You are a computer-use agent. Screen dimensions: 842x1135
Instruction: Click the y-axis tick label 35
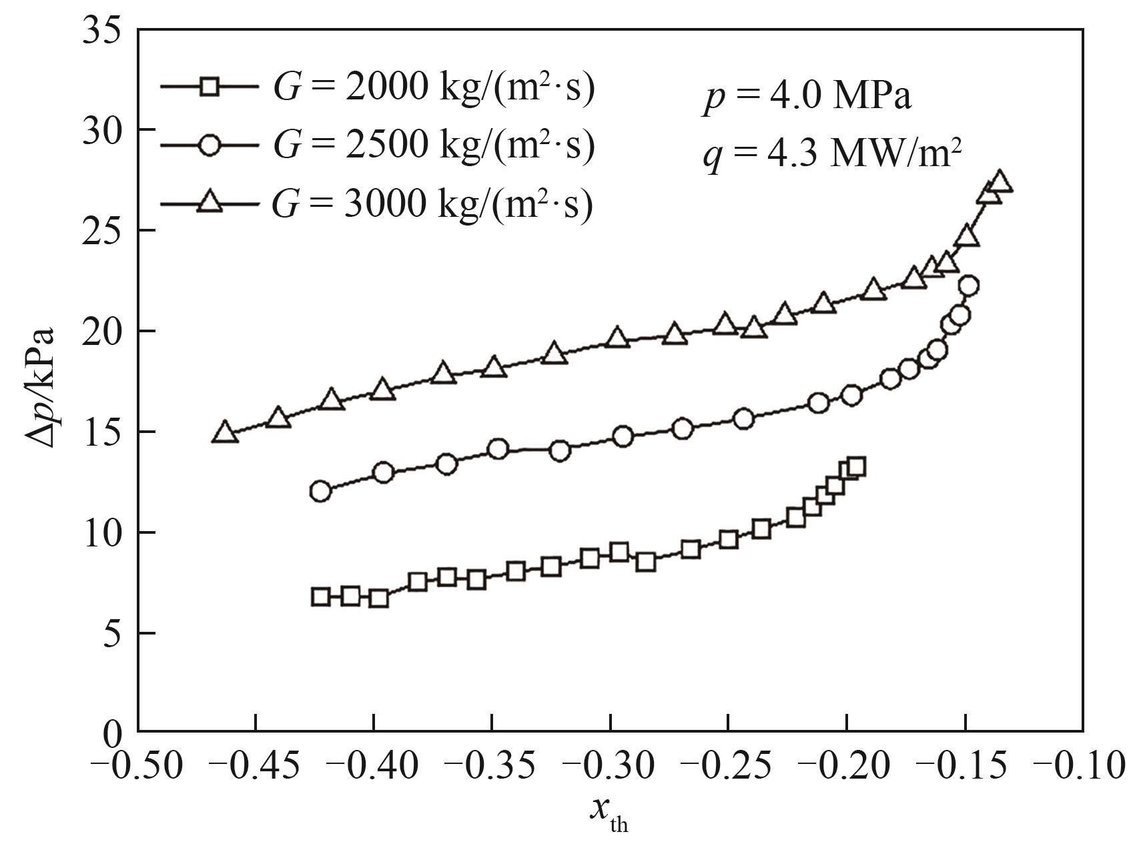(101, 31)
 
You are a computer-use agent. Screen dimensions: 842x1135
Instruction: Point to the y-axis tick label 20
(101, 332)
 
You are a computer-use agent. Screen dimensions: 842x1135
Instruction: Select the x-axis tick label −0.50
(138, 765)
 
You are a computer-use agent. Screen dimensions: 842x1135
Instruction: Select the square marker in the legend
(210, 87)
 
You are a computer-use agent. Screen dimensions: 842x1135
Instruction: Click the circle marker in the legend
(210, 145)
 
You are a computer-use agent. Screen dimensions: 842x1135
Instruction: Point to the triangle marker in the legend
(210, 201)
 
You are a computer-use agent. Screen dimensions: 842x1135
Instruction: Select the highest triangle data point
(999, 182)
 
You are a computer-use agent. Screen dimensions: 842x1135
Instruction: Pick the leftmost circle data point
(320, 491)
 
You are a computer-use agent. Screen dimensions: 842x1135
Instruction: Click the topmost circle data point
(969, 286)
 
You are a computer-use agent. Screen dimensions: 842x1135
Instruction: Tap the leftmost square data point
(320, 596)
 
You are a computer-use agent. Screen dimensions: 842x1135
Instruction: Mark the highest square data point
(857, 466)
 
